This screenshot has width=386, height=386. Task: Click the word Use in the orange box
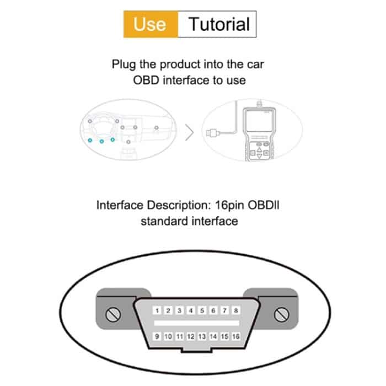click(149, 24)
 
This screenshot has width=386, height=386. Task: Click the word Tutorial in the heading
click(219, 24)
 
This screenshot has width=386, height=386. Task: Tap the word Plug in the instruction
click(124, 65)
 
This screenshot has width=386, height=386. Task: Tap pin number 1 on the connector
click(157, 311)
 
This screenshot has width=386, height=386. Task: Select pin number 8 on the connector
click(236, 311)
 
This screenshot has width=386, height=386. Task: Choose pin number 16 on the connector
click(236, 336)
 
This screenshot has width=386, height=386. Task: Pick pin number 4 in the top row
click(191, 311)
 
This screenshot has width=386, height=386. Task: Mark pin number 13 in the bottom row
click(202, 336)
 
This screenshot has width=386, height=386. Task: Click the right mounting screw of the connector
click(278, 315)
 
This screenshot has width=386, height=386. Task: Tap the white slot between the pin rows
click(196, 323)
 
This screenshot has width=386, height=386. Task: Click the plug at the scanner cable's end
click(212, 133)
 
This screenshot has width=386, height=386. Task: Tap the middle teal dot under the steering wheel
click(102, 141)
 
